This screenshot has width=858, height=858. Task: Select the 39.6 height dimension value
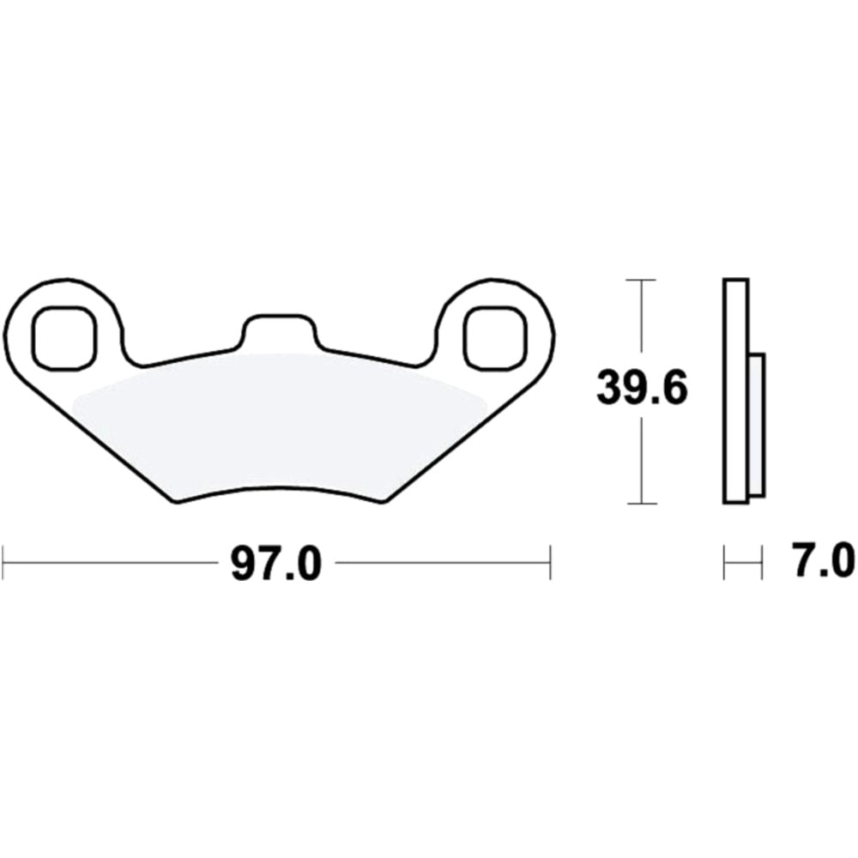(643, 390)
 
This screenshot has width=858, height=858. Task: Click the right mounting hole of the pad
(492, 335)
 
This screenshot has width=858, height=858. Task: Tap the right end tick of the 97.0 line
(549, 563)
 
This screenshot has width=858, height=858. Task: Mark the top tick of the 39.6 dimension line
(642, 281)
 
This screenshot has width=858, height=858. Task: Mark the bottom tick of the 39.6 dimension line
(642, 504)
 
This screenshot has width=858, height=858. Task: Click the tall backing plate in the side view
(735, 390)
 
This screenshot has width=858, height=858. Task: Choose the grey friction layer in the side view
(756, 425)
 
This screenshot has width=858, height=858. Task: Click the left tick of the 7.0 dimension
(725, 563)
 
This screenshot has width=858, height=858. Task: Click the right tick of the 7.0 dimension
(761, 563)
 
